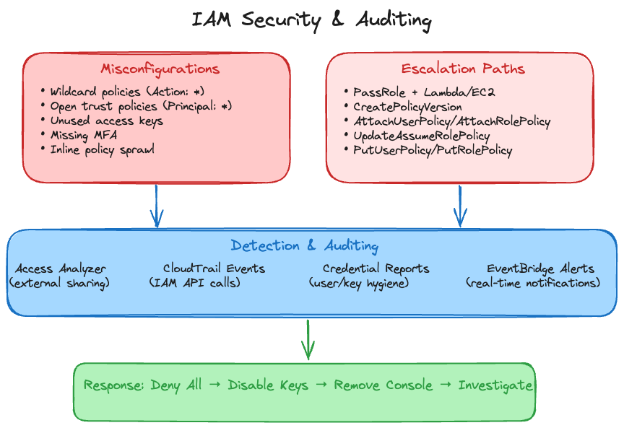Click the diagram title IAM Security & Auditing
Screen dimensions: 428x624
[311, 19]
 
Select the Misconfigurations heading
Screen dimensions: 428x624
[160, 69]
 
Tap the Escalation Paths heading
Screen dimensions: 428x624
[463, 69]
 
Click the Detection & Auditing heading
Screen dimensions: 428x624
[304, 246]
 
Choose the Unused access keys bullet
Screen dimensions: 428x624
[106, 121]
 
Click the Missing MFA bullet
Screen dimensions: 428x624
[88, 135]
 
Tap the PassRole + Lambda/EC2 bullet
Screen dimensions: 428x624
[424, 92]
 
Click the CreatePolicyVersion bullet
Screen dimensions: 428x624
[407, 107]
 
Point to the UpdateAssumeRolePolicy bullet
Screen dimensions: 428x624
[421, 136]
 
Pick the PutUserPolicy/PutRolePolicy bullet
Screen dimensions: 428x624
[433, 150]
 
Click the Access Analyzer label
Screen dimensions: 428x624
[60, 268]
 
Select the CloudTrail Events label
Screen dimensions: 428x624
[214, 268]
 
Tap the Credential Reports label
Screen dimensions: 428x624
[376, 268]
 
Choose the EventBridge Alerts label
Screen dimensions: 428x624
[540, 268]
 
